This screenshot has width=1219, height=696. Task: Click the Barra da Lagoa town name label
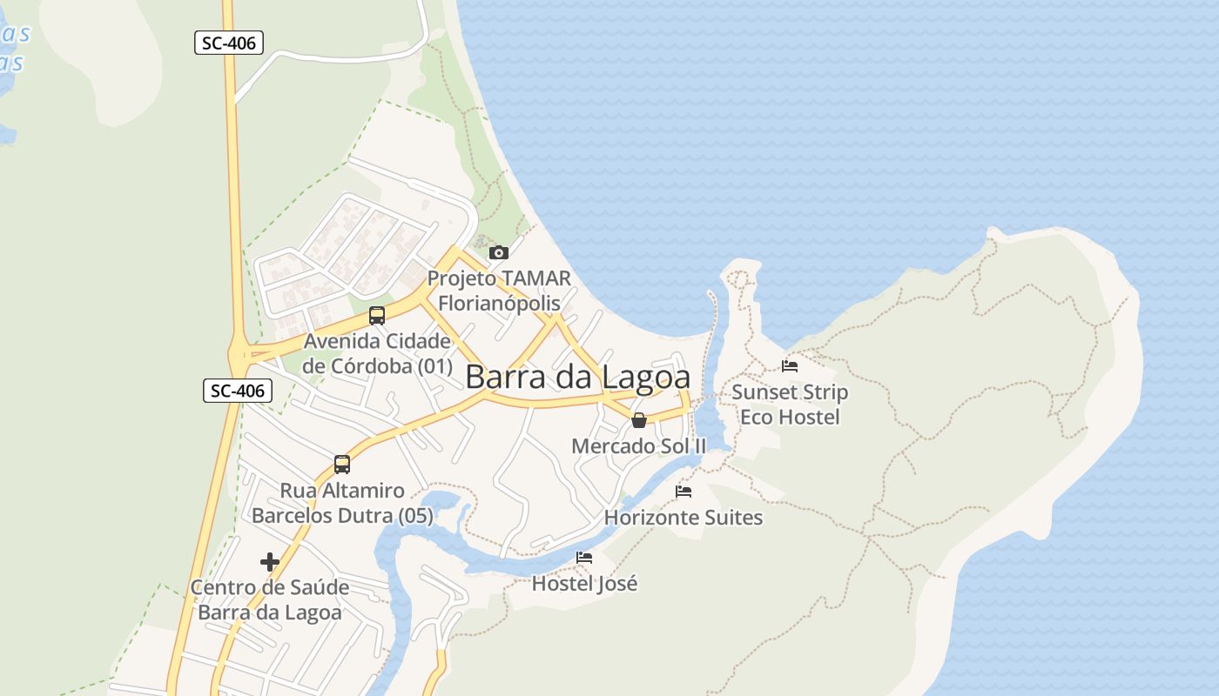tap(578, 377)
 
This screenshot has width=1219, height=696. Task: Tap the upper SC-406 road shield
tap(228, 43)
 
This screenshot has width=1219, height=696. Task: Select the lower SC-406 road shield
tap(238, 391)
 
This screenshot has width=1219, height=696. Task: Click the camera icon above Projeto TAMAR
tap(499, 252)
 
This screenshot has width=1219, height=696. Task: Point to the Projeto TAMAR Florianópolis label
tap(499, 291)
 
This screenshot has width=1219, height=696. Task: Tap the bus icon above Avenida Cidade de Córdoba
tap(377, 316)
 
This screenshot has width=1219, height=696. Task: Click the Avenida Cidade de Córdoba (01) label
tap(377, 353)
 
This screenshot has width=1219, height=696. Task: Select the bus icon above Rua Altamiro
tap(342, 465)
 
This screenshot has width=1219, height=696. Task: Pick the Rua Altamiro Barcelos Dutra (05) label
tap(342, 503)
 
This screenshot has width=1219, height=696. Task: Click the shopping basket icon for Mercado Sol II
tap(639, 421)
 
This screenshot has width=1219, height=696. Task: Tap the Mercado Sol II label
tap(639, 446)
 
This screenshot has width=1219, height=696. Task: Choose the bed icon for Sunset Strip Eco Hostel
tap(790, 366)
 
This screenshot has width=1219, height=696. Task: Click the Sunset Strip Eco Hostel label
tap(790, 405)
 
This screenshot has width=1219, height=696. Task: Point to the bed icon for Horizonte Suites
tap(684, 492)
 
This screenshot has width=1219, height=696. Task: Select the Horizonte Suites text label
tap(684, 518)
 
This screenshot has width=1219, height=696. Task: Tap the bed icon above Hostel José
tap(584, 558)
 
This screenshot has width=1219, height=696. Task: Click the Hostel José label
tap(584, 583)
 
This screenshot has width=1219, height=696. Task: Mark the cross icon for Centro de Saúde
tap(270, 562)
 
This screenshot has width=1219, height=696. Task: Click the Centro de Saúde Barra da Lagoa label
tap(270, 599)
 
